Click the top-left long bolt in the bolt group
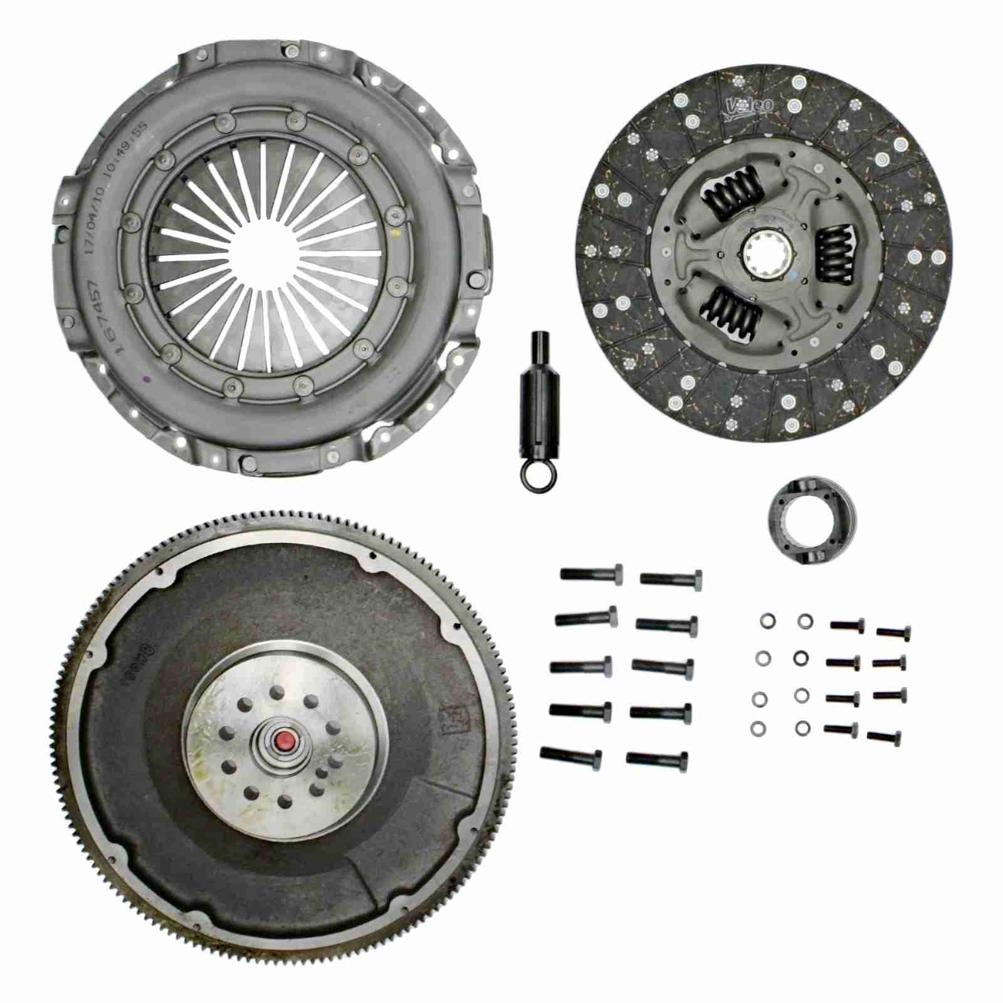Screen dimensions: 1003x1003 (x=591, y=573)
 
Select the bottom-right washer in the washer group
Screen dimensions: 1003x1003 (x=802, y=728)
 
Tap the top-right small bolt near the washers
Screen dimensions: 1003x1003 (x=893, y=633)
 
